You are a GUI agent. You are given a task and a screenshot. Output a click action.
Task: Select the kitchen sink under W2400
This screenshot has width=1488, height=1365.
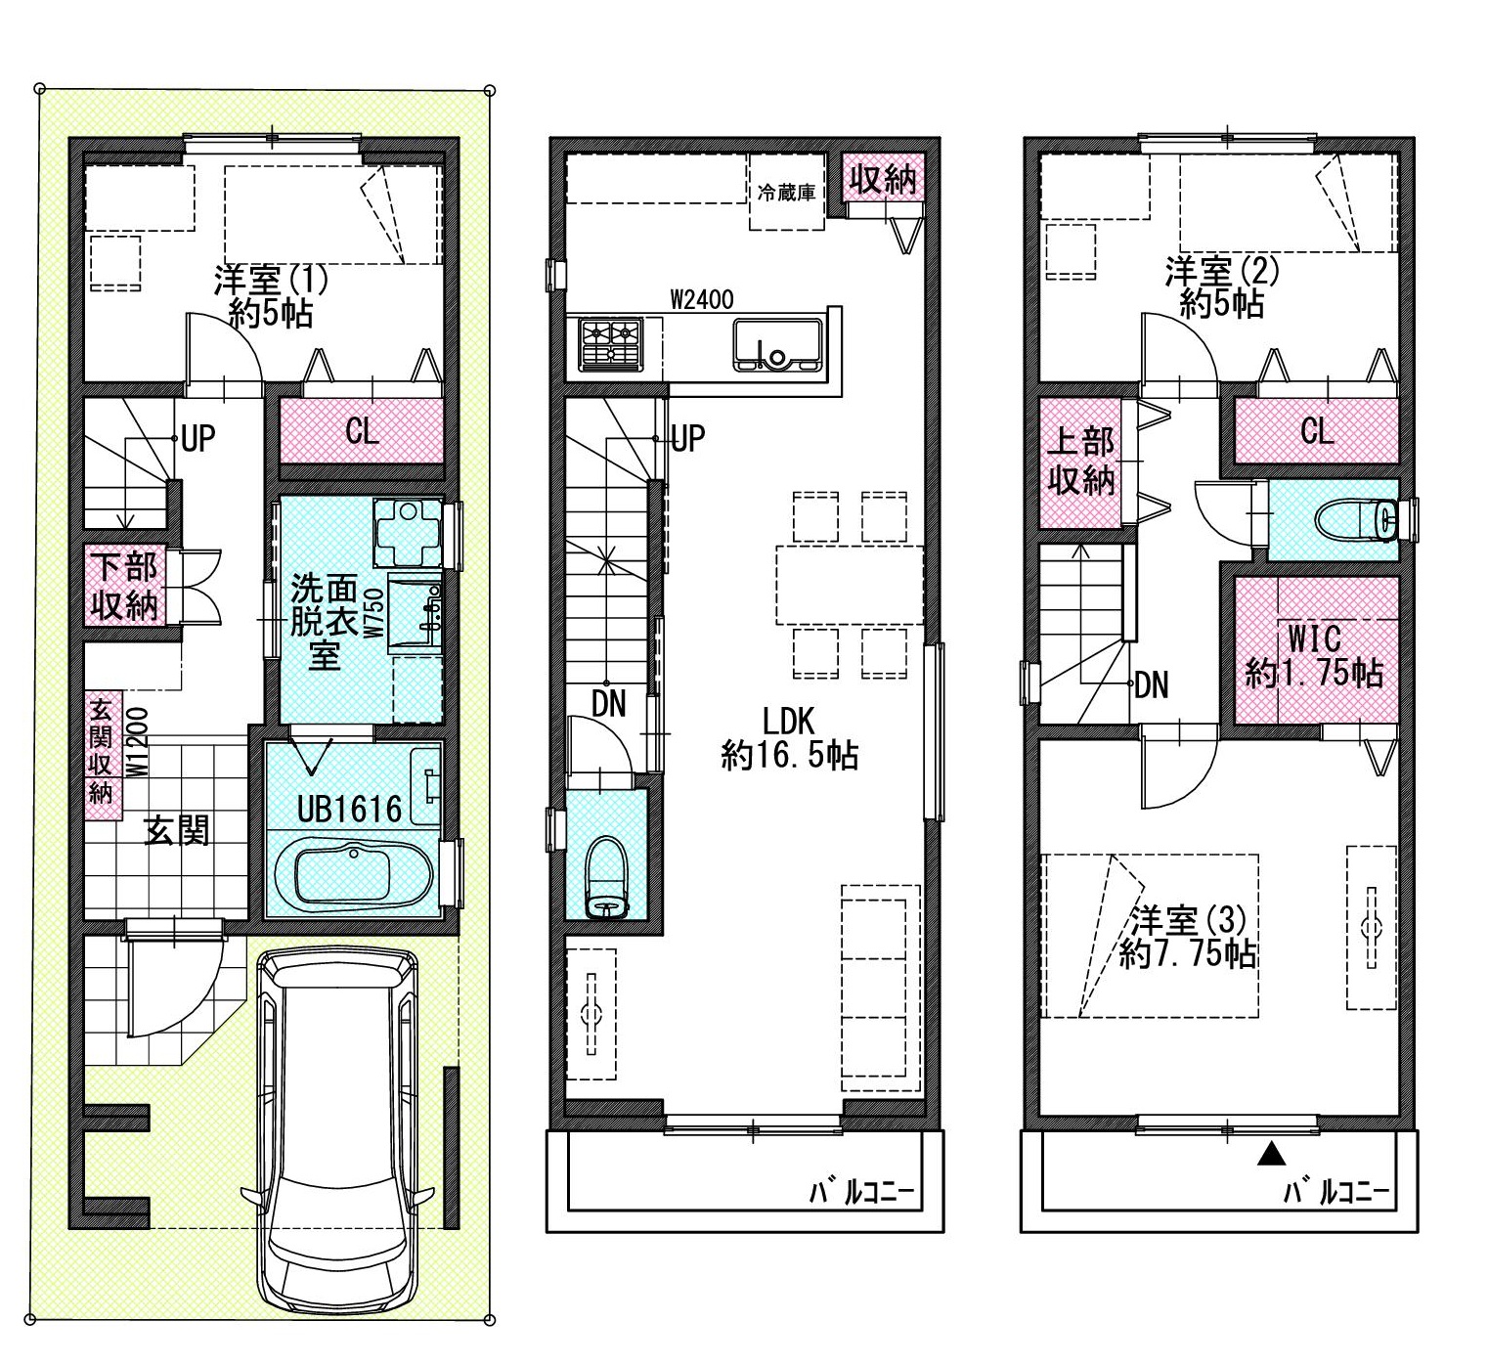click(x=778, y=345)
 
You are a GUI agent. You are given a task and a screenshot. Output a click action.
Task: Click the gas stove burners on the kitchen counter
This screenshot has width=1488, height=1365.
click(x=611, y=345)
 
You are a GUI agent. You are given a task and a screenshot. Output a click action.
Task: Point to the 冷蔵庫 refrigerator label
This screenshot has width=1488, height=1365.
click(x=786, y=193)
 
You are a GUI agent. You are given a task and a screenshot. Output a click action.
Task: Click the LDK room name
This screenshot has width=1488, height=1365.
click(x=788, y=721)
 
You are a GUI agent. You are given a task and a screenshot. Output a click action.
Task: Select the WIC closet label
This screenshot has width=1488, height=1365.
click(x=1314, y=638)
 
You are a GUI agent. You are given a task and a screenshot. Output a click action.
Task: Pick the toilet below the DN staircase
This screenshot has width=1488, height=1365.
click(x=607, y=879)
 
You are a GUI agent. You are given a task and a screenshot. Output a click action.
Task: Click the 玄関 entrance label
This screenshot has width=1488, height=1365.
click(x=177, y=831)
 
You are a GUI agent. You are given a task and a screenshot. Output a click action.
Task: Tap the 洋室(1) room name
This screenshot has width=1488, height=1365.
click(x=271, y=280)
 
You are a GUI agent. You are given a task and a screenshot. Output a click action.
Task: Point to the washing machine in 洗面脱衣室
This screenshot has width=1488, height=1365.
click(x=408, y=533)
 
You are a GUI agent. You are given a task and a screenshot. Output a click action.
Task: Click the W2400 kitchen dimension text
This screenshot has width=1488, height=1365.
click(x=702, y=300)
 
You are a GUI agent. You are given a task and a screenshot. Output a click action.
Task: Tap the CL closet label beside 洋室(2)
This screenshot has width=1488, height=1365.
click(x=1317, y=431)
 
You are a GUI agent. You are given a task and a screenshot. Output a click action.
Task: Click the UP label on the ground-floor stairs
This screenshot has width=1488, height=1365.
click(x=198, y=438)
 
